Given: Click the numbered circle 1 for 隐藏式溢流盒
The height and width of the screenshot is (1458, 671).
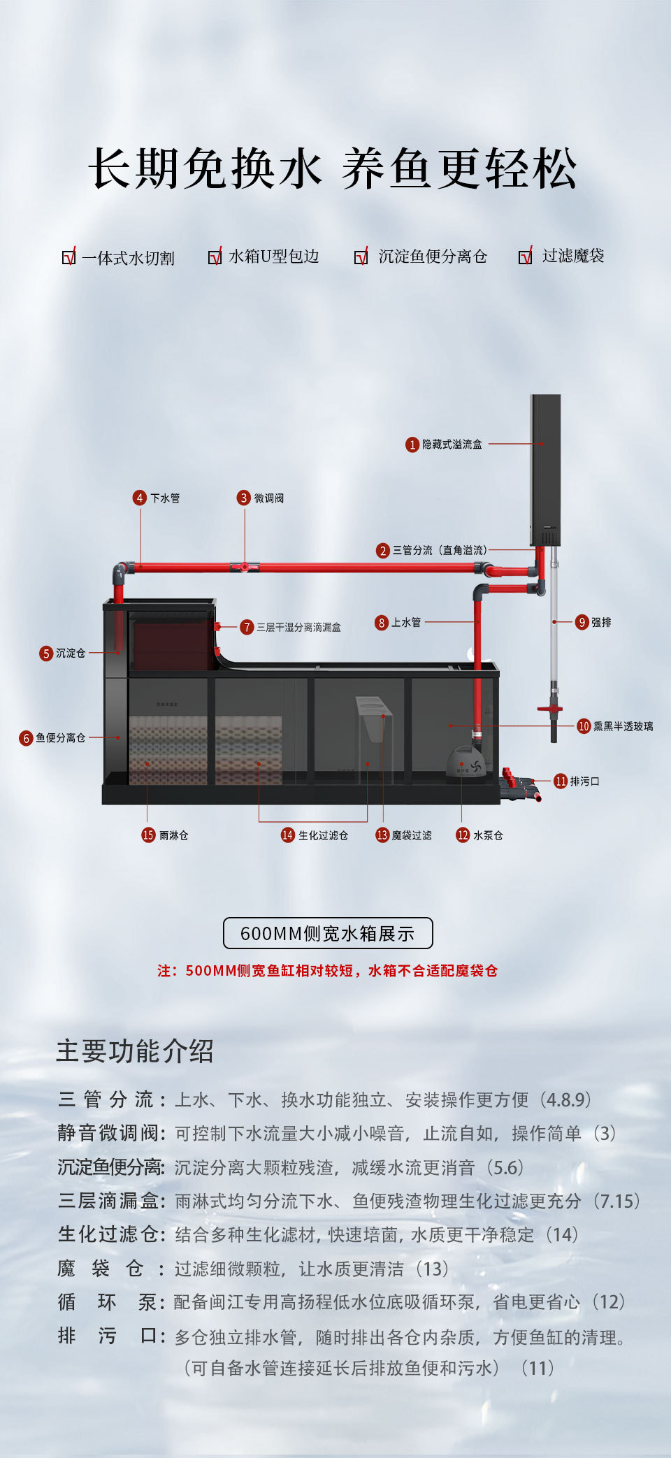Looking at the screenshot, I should [412, 445].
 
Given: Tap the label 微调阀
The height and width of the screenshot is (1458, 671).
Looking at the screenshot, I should [268, 498].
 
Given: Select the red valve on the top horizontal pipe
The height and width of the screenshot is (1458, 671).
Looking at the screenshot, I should [245, 567].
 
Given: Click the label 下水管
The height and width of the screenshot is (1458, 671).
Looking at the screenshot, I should [165, 498].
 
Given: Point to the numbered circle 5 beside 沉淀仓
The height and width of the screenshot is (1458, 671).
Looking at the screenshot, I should [46, 654].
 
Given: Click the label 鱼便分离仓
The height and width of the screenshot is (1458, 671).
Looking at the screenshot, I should [61, 738].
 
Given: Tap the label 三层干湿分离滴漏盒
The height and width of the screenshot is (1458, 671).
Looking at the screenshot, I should [298, 628].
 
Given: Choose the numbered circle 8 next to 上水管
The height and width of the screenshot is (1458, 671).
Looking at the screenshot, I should [382, 623].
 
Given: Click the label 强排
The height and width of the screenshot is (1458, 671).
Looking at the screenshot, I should [601, 622].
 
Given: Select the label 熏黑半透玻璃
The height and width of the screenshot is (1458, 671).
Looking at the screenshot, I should [623, 726].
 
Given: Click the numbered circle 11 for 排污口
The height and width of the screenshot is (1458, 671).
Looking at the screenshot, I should [561, 781].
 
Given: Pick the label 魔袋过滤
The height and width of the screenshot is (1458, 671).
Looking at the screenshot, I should [412, 835].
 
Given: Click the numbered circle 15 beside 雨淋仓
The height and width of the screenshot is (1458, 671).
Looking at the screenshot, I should [148, 835].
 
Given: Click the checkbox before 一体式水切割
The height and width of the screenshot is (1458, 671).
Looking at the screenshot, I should [68, 257].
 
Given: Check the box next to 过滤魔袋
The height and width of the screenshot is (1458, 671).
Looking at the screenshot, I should [525, 257].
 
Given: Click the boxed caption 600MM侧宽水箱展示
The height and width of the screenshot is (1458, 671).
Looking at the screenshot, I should [328, 934].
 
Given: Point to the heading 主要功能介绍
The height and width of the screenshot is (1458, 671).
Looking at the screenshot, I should [135, 1051].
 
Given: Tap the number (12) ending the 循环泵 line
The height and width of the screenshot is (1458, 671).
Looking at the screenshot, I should [609, 1302].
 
